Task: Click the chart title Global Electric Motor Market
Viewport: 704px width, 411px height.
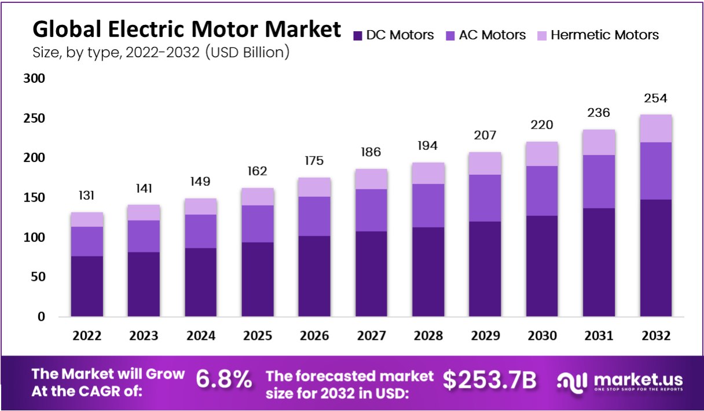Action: (186, 29)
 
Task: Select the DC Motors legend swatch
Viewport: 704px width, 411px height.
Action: (357, 36)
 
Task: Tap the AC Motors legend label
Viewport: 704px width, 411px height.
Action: (492, 35)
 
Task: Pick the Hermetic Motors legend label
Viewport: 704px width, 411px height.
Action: (604, 35)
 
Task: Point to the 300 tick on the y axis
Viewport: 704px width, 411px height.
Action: (34, 79)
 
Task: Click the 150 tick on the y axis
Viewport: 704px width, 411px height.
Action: (34, 198)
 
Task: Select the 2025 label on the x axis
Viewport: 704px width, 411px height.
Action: (258, 336)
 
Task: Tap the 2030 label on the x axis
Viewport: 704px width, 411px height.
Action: (542, 336)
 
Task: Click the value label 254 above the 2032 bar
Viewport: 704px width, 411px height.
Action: (655, 98)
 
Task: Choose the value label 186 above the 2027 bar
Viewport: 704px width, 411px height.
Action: (372, 152)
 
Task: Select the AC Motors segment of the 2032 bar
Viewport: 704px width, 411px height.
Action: (655, 171)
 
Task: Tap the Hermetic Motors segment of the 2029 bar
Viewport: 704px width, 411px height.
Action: (485, 163)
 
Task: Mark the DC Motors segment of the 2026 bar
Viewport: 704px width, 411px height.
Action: (315, 276)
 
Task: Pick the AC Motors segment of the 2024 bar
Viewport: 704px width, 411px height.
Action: (201, 231)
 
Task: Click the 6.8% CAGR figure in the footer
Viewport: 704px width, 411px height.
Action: (224, 380)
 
